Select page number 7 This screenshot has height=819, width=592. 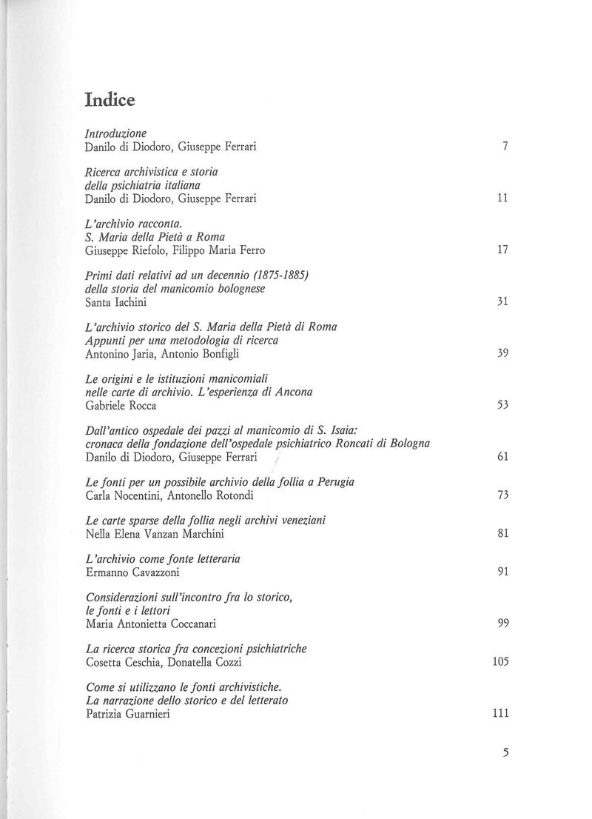[504, 147]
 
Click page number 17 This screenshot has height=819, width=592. [502, 250]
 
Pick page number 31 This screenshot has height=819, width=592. [502, 302]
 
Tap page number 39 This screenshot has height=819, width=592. [502, 354]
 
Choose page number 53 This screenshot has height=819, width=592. [502, 406]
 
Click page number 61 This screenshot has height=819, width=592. [502, 458]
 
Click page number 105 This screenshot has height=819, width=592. [499, 662]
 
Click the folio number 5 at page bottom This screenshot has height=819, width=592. [505, 752]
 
